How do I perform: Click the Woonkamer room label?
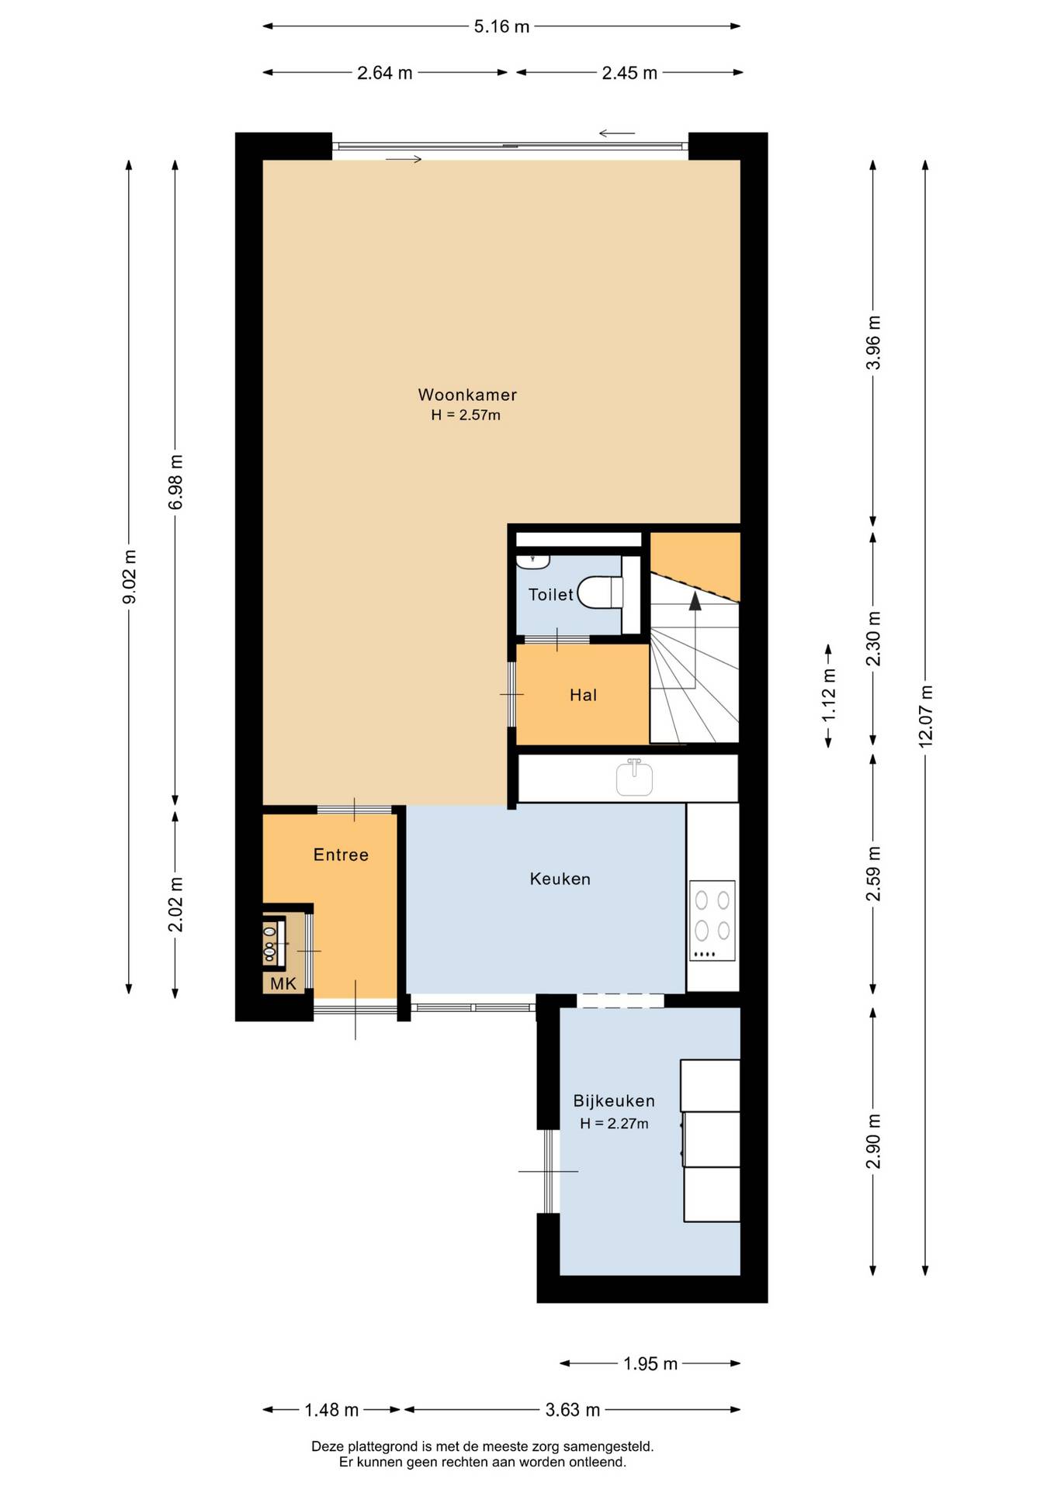(467, 395)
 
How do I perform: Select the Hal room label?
(583, 695)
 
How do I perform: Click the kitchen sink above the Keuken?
(634, 778)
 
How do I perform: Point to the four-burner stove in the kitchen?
(712, 921)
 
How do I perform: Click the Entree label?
(341, 855)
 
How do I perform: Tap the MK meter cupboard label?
(283, 984)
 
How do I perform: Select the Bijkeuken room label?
(614, 1100)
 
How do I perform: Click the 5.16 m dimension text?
(501, 26)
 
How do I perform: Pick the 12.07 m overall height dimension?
(925, 716)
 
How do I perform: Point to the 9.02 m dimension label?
(129, 577)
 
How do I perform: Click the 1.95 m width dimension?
(650, 1363)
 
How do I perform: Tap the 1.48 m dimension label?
(331, 1409)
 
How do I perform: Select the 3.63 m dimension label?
(573, 1409)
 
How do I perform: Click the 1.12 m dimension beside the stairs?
(829, 695)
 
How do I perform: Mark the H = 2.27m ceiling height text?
(614, 1123)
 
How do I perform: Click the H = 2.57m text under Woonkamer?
(466, 415)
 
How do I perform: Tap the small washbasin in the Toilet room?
(533, 560)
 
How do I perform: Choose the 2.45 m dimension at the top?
(629, 73)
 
